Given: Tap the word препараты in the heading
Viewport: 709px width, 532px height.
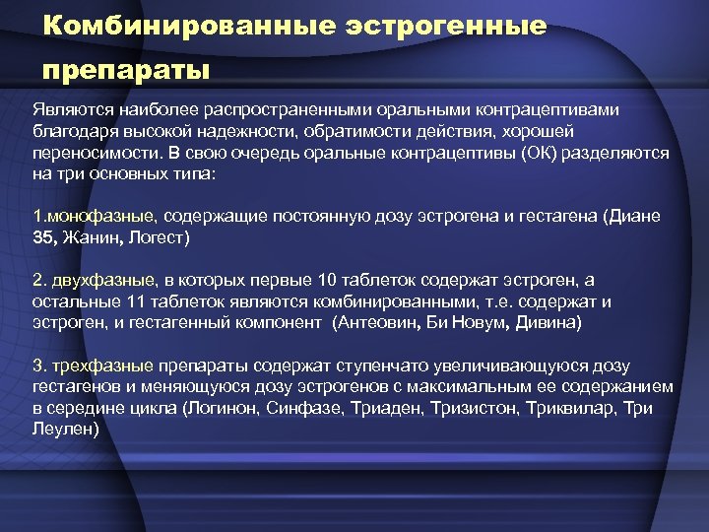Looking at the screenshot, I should click(x=126, y=72).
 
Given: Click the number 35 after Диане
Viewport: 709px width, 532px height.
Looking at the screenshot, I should click(x=43, y=236).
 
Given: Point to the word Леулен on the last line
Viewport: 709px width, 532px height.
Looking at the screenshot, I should click(x=63, y=429).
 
